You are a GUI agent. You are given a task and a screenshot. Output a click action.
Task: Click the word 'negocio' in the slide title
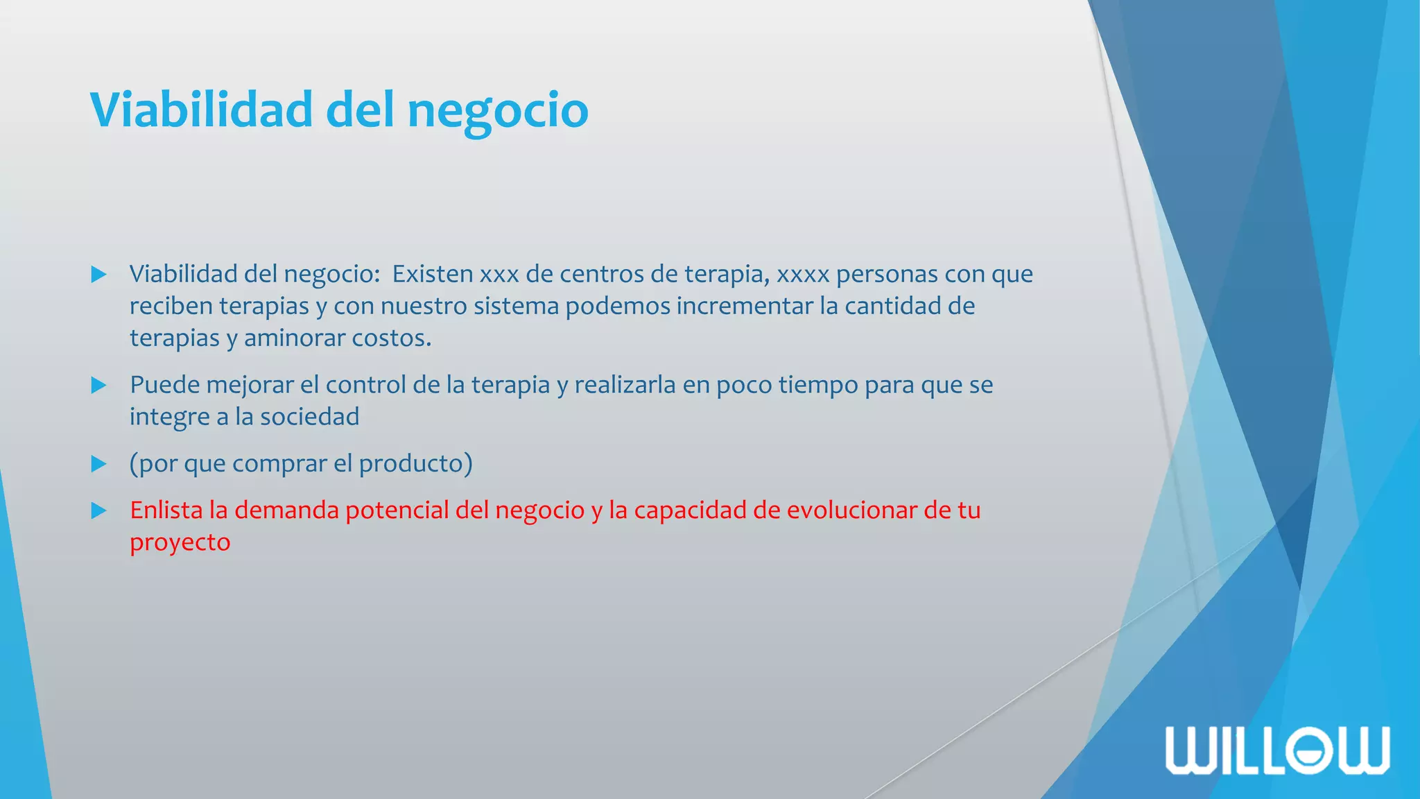(x=497, y=111)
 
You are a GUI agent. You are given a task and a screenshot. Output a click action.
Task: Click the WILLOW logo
(x=1277, y=750)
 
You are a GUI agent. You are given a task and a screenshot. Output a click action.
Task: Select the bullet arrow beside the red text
(x=99, y=511)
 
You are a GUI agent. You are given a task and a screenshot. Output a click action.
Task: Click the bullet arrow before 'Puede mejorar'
(x=99, y=386)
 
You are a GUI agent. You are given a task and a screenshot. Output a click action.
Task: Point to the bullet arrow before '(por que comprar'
(x=99, y=464)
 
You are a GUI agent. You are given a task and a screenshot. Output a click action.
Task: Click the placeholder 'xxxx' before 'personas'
(x=803, y=275)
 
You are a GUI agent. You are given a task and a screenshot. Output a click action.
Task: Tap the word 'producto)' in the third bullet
(x=415, y=463)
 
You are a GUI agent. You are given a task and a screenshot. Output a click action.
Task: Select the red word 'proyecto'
(x=180, y=542)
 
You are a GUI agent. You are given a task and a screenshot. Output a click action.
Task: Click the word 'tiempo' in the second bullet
(x=817, y=386)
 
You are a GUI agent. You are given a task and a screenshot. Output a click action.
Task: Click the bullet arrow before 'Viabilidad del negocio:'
(x=99, y=275)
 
